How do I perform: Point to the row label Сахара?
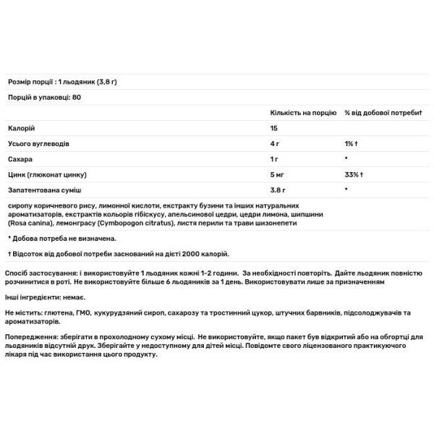click(x=20, y=158)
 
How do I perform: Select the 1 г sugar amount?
click(x=274, y=158)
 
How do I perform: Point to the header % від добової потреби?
click(x=383, y=113)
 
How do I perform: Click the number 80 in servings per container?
click(x=77, y=97)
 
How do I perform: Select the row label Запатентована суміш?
click(x=43, y=190)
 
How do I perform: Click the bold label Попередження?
click(x=30, y=337)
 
